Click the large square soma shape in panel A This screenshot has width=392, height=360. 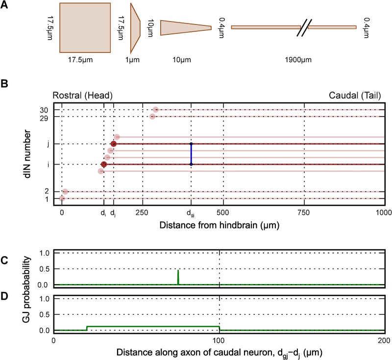(x=85, y=27)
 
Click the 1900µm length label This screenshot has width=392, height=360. (x=294, y=60)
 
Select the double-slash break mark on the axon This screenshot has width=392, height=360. (x=304, y=27)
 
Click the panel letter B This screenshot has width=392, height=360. (x=4, y=84)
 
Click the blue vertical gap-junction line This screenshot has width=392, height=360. (x=191, y=154)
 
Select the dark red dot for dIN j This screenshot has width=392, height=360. (x=114, y=144)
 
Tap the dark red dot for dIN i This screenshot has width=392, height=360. (x=104, y=164)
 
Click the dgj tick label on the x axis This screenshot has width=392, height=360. (x=191, y=214)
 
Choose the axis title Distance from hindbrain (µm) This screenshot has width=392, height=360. (x=220, y=225)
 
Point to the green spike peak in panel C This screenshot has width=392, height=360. (x=178, y=271)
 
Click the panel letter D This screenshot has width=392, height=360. (x=4, y=296)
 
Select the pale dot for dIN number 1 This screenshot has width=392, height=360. (x=62, y=198)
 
